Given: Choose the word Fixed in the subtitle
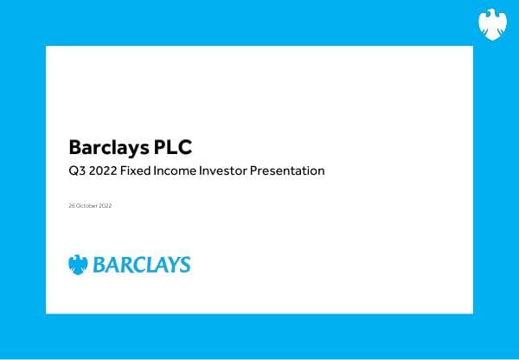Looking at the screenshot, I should tap(138, 170).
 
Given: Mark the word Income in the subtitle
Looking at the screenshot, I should tap(179, 170).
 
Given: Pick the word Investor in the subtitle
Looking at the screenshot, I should tap(225, 170).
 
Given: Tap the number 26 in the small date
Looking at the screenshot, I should tap(70, 205).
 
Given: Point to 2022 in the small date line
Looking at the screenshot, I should tap(105, 205).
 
